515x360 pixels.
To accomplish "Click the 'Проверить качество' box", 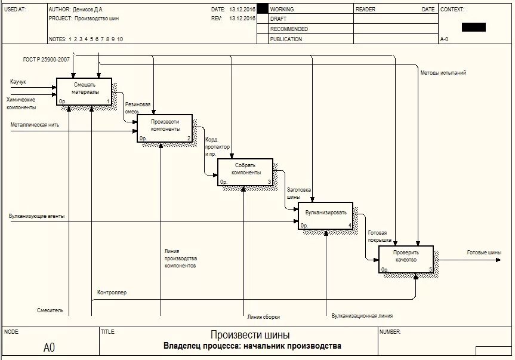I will (x=406, y=259).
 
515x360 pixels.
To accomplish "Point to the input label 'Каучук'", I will (x=18, y=81).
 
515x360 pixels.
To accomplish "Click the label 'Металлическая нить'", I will (x=33, y=125).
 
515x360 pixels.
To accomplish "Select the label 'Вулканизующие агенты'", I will (x=36, y=216).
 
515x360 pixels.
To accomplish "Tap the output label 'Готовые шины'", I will (x=484, y=253).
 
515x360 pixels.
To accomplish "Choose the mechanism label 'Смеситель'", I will (x=50, y=310).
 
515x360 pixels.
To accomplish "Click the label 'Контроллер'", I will (x=112, y=293).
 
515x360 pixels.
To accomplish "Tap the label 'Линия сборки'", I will (x=263, y=317).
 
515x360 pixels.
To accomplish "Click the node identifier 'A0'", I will (x=49, y=347).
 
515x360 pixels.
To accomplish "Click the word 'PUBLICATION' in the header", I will (x=286, y=39).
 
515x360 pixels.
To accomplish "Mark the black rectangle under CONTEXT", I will (x=473, y=27).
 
